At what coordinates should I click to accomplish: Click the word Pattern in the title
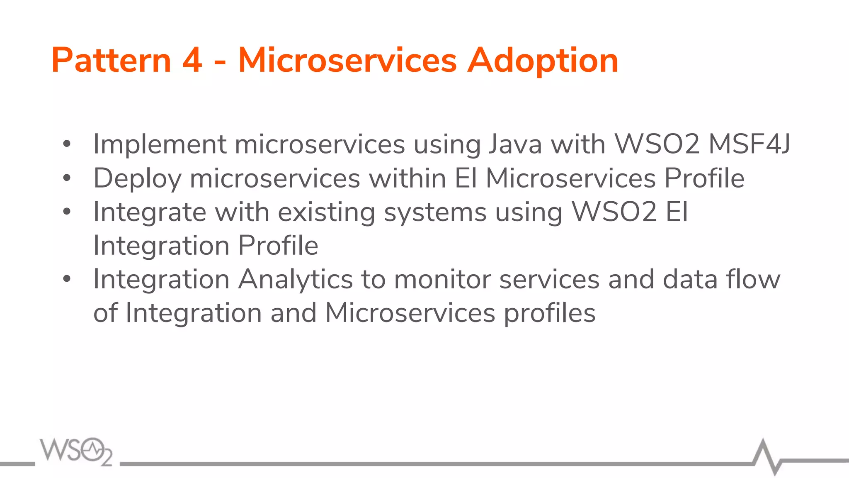coord(111,61)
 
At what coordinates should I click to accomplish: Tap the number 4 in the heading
coord(192,61)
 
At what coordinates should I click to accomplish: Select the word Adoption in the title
coord(543,61)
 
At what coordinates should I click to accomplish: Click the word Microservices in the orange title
coord(347,61)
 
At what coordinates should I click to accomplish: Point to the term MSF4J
coord(749,144)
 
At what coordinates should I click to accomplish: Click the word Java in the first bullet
coord(515,144)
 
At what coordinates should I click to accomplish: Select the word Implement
coord(160,144)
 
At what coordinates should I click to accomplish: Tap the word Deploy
coord(137,178)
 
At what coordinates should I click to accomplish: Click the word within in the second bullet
coord(408,178)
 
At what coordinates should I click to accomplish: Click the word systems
coord(435,212)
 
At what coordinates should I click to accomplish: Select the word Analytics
coord(296,279)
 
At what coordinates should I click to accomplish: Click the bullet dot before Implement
coord(67,144)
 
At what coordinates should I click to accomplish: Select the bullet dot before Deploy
coord(67,178)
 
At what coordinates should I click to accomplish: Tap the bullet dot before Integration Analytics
coord(67,279)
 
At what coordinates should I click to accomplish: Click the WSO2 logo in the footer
coord(76,451)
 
